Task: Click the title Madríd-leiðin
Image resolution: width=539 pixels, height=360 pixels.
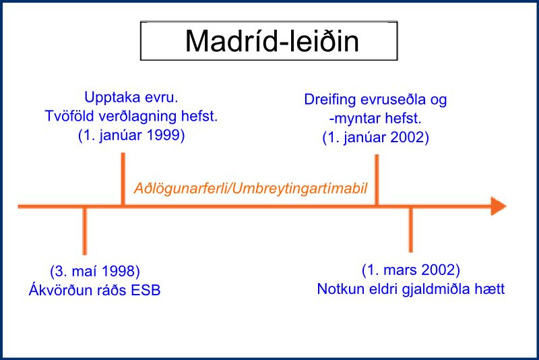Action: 272,41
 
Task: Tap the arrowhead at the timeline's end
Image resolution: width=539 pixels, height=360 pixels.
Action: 499,206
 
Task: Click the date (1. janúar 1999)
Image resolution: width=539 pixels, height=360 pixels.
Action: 131,135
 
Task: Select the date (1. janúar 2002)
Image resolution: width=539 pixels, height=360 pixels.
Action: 376,138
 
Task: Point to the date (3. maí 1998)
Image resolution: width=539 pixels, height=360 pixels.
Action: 95,271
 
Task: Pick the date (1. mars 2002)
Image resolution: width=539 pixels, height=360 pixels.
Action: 411,270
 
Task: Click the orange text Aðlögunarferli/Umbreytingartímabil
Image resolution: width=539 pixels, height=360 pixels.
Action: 251,188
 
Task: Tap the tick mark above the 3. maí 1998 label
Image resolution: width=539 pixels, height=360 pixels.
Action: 85,231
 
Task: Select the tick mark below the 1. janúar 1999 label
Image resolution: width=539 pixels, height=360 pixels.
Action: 123,179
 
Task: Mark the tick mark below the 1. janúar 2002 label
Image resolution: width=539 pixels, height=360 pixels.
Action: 377,180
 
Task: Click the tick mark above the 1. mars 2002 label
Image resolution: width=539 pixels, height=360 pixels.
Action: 411,230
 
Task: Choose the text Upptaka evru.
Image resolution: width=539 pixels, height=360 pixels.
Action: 131,97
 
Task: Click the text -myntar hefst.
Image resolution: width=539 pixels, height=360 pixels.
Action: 375,118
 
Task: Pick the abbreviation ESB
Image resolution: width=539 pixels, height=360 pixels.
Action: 146,290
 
